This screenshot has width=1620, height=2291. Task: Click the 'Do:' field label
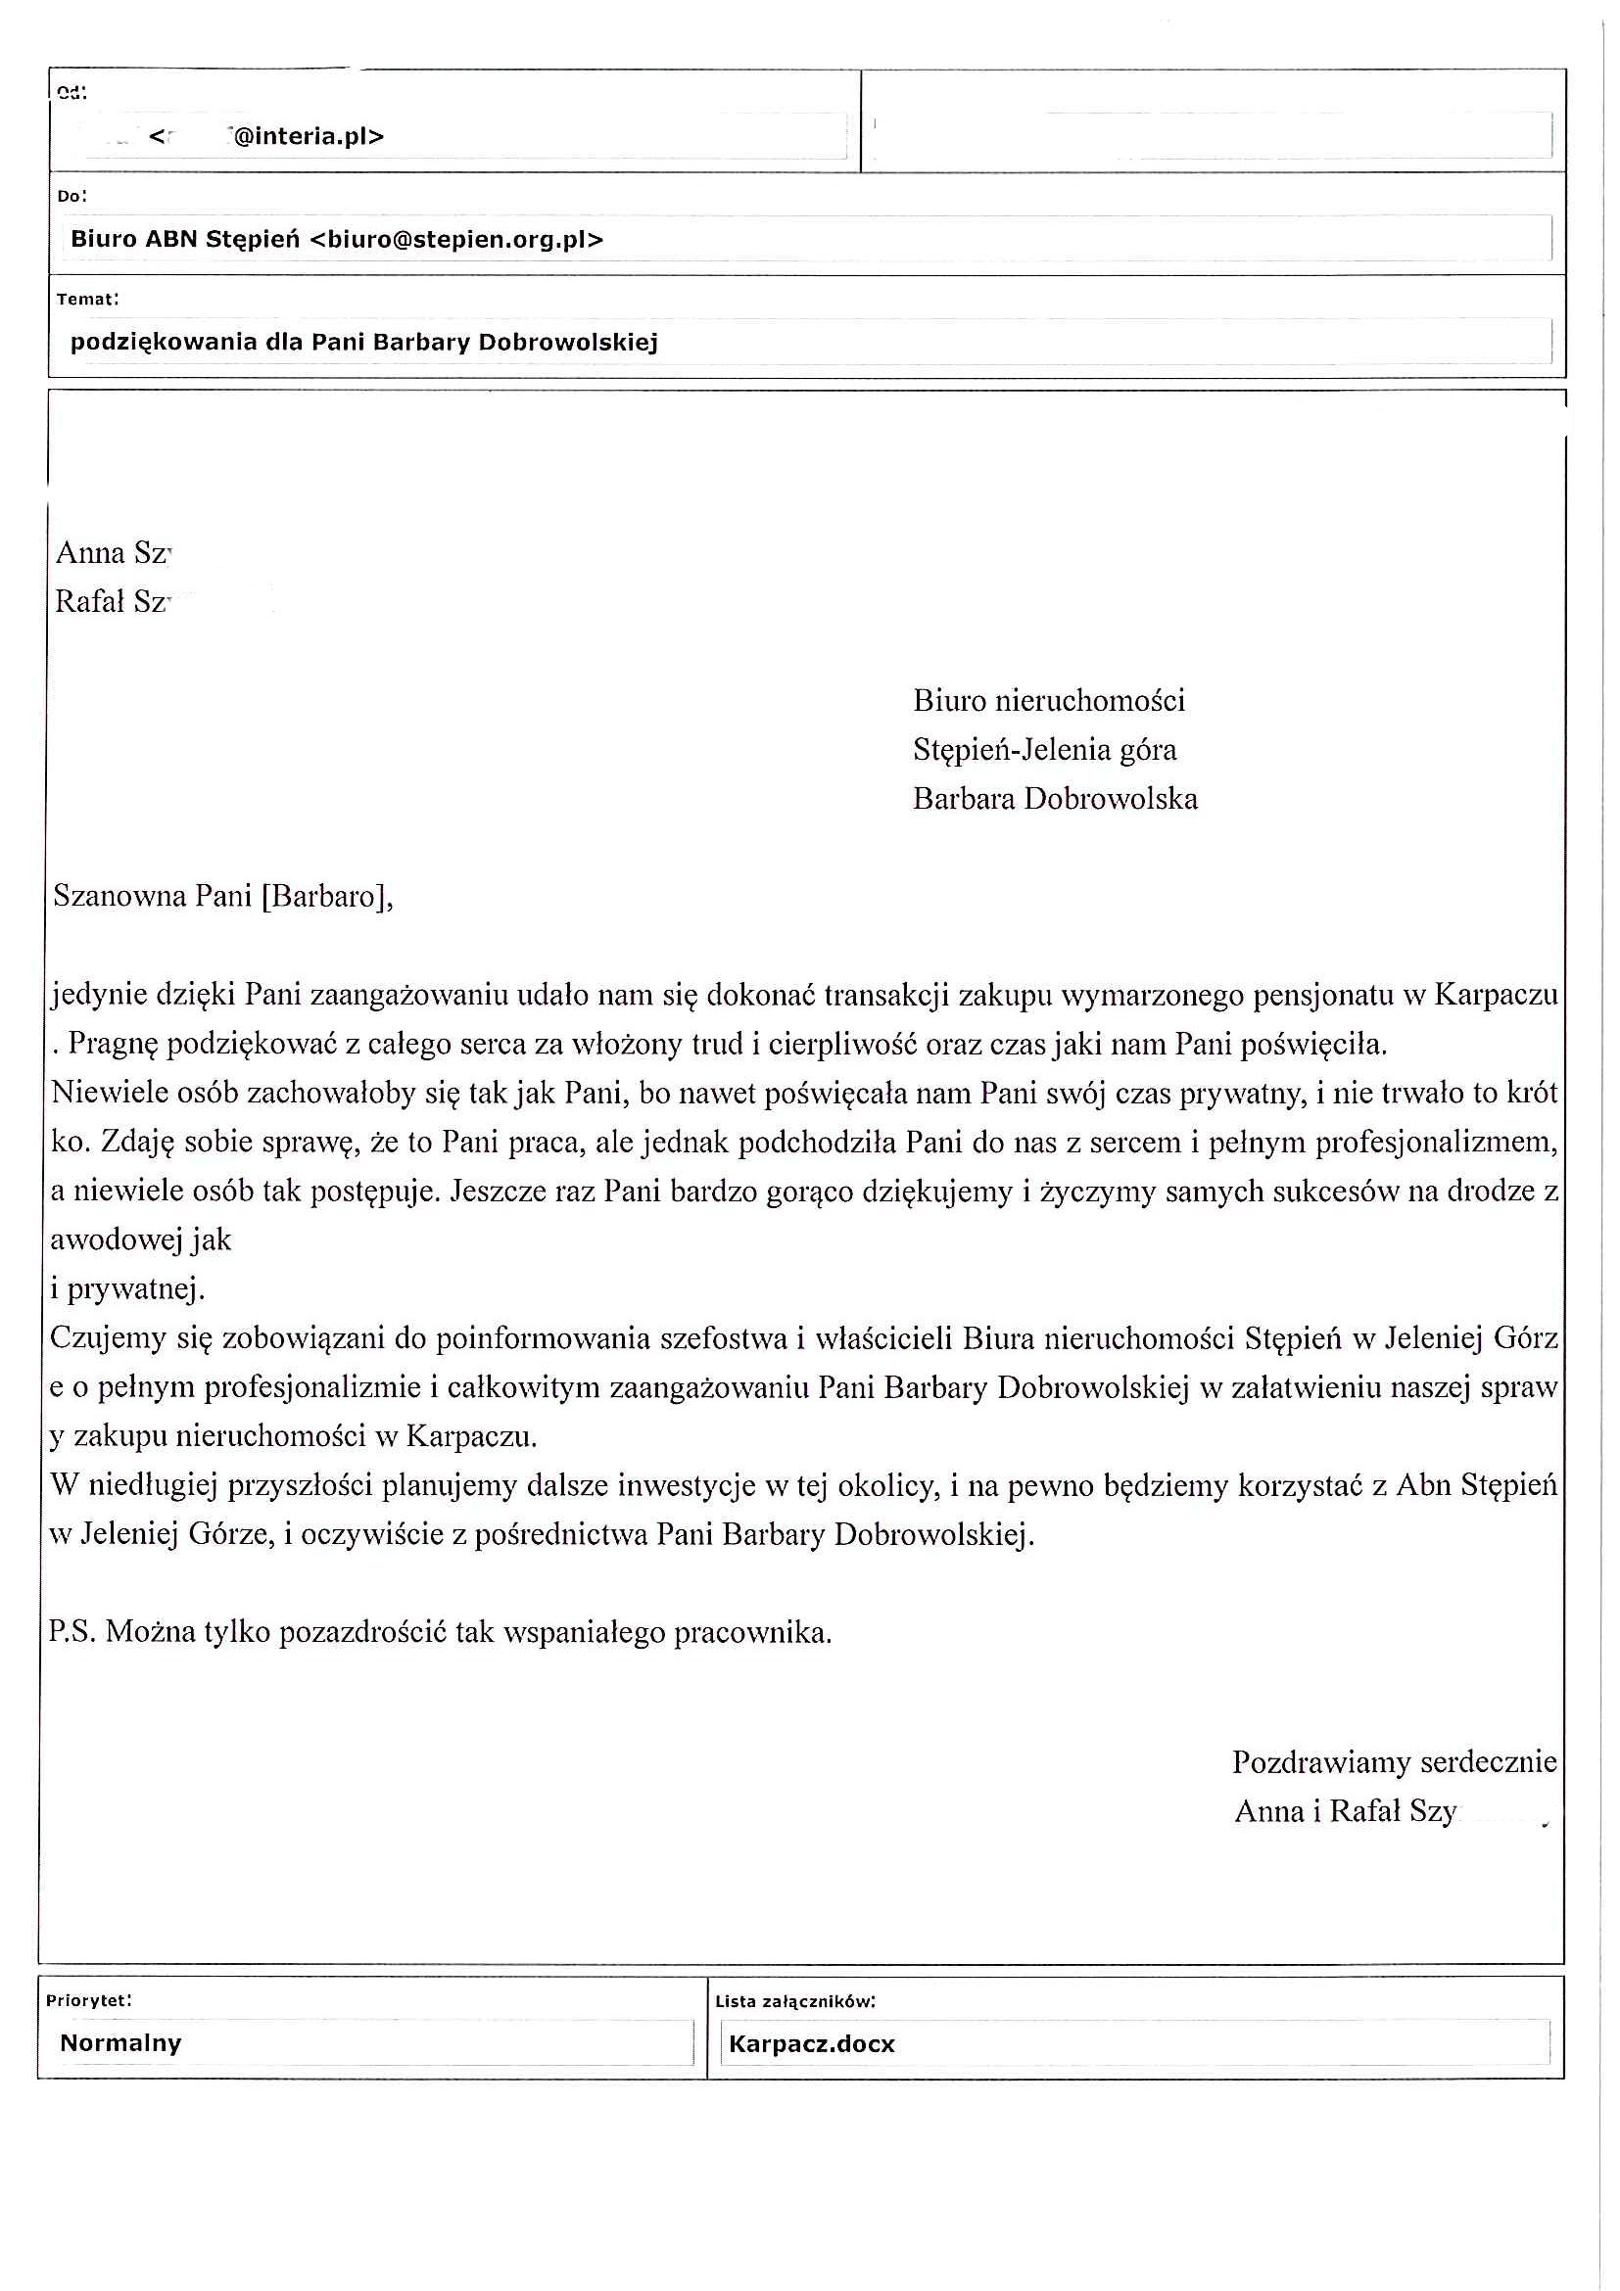point(71,196)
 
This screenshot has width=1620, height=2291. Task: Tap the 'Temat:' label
point(88,299)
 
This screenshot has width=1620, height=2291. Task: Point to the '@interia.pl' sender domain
point(308,136)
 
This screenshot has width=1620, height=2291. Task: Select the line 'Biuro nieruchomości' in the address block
point(1048,700)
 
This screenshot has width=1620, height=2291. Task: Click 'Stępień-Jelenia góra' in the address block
point(1044,749)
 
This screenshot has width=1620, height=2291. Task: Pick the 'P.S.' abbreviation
point(71,1632)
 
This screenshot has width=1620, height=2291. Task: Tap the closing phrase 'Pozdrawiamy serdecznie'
point(1394,1761)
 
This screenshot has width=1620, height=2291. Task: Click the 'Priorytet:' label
point(89,2000)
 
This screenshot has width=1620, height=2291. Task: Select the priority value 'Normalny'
point(119,2042)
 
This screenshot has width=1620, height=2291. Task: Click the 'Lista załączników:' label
point(794,2000)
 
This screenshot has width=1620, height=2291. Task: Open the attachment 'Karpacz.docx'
point(812,2043)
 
